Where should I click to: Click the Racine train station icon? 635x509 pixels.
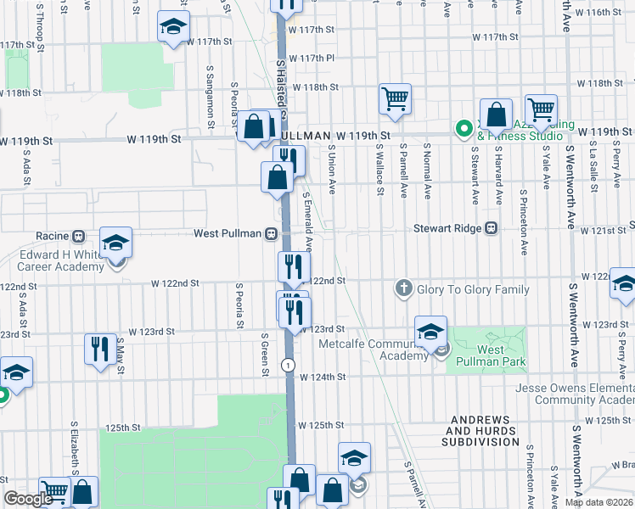click(78, 235)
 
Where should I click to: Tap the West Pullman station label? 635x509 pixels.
click(228, 233)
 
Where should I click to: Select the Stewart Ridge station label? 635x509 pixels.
click(447, 228)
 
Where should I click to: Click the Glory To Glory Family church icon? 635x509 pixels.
click(405, 289)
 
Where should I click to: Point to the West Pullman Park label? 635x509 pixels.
click(489, 356)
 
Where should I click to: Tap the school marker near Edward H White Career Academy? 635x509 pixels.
click(115, 243)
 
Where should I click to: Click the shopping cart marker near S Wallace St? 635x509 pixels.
click(395, 99)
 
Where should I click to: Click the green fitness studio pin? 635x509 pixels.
click(464, 130)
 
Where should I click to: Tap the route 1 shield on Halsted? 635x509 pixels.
click(289, 365)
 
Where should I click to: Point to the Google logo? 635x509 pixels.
click(27, 499)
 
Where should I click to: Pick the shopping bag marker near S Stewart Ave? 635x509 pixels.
click(496, 115)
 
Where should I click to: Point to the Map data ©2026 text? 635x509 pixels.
click(598, 501)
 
